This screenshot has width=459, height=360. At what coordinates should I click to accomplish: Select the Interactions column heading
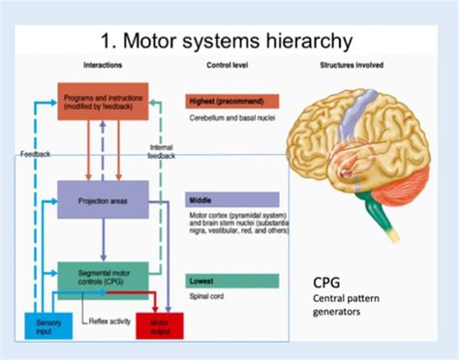click(x=102, y=65)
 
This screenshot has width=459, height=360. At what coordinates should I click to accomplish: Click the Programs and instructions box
click(x=102, y=105)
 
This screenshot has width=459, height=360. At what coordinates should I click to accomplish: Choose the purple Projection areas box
click(x=102, y=200)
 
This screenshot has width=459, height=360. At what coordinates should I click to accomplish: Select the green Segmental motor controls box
click(x=102, y=278)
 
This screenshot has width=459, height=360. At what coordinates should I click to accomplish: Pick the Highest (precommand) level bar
click(x=231, y=101)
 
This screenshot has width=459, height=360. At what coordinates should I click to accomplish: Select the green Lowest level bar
click(x=231, y=281)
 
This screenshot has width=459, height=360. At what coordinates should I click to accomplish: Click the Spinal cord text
click(x=208, y=297)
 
